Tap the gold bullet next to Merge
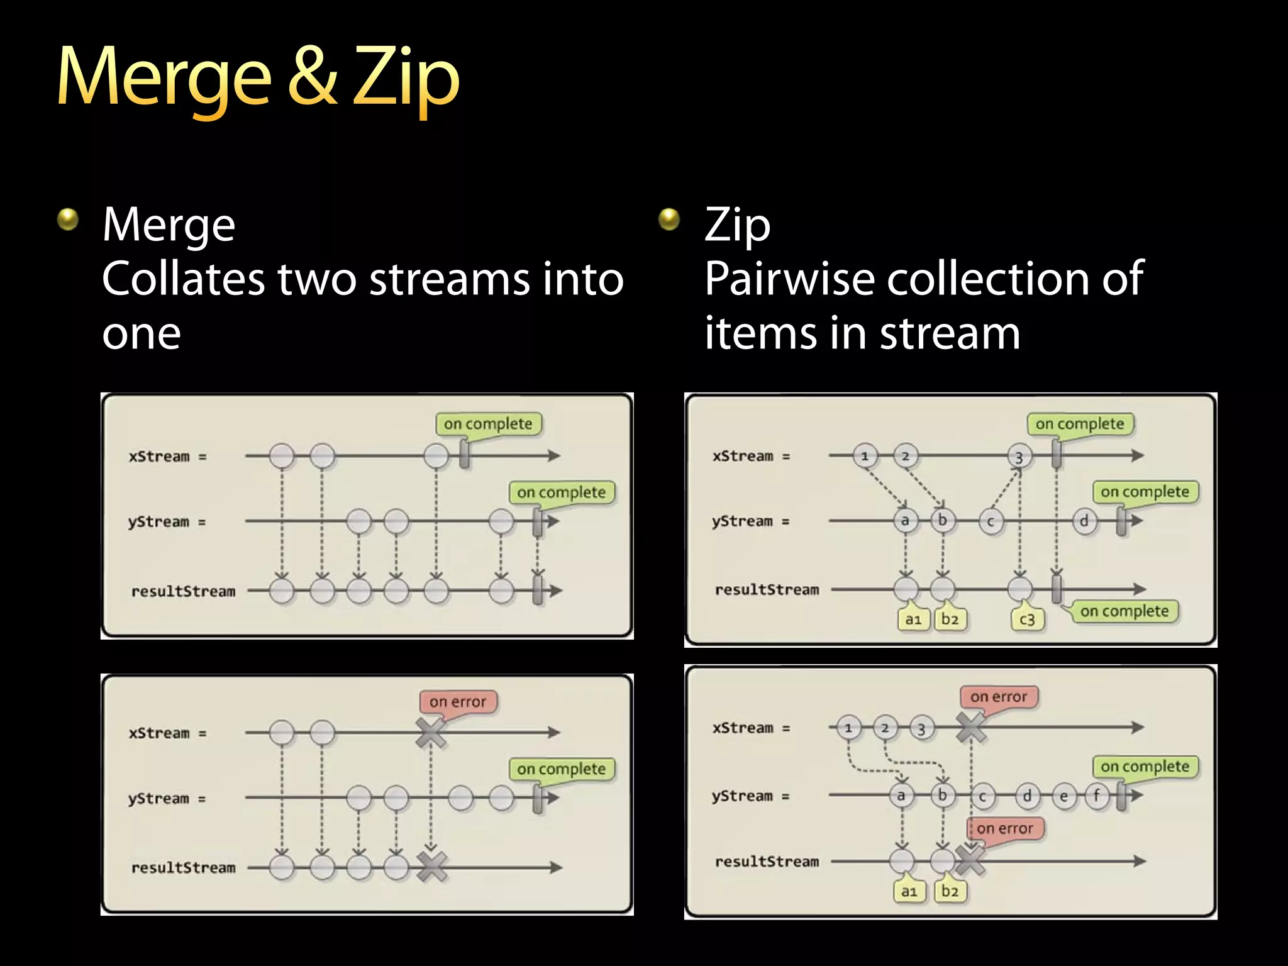(x=68, y=219)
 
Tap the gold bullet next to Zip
(x=669, y=219)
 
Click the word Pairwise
(x=789, y=278)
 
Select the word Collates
(x=183, y=278)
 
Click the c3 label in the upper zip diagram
(x=1027, y=619)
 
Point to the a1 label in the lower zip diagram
(x=909, y=891)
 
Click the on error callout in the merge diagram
(x=458, y=701)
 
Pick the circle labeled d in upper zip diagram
(x=1084, y=521)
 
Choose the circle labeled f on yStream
(x=1096, y=796)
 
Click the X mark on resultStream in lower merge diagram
(x=432, y=867)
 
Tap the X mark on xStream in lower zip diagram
(x=971, y=728)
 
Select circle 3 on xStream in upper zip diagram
(x=1019, y=457)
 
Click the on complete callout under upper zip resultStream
(x=1124, y=611)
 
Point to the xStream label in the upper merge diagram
(x=159, y=457)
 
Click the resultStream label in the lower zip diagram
(x=767, y=862)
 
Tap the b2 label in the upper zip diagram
(x=950, y=619)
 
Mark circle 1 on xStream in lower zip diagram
(x=848, y=728)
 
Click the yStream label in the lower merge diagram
(x=158, y=799)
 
